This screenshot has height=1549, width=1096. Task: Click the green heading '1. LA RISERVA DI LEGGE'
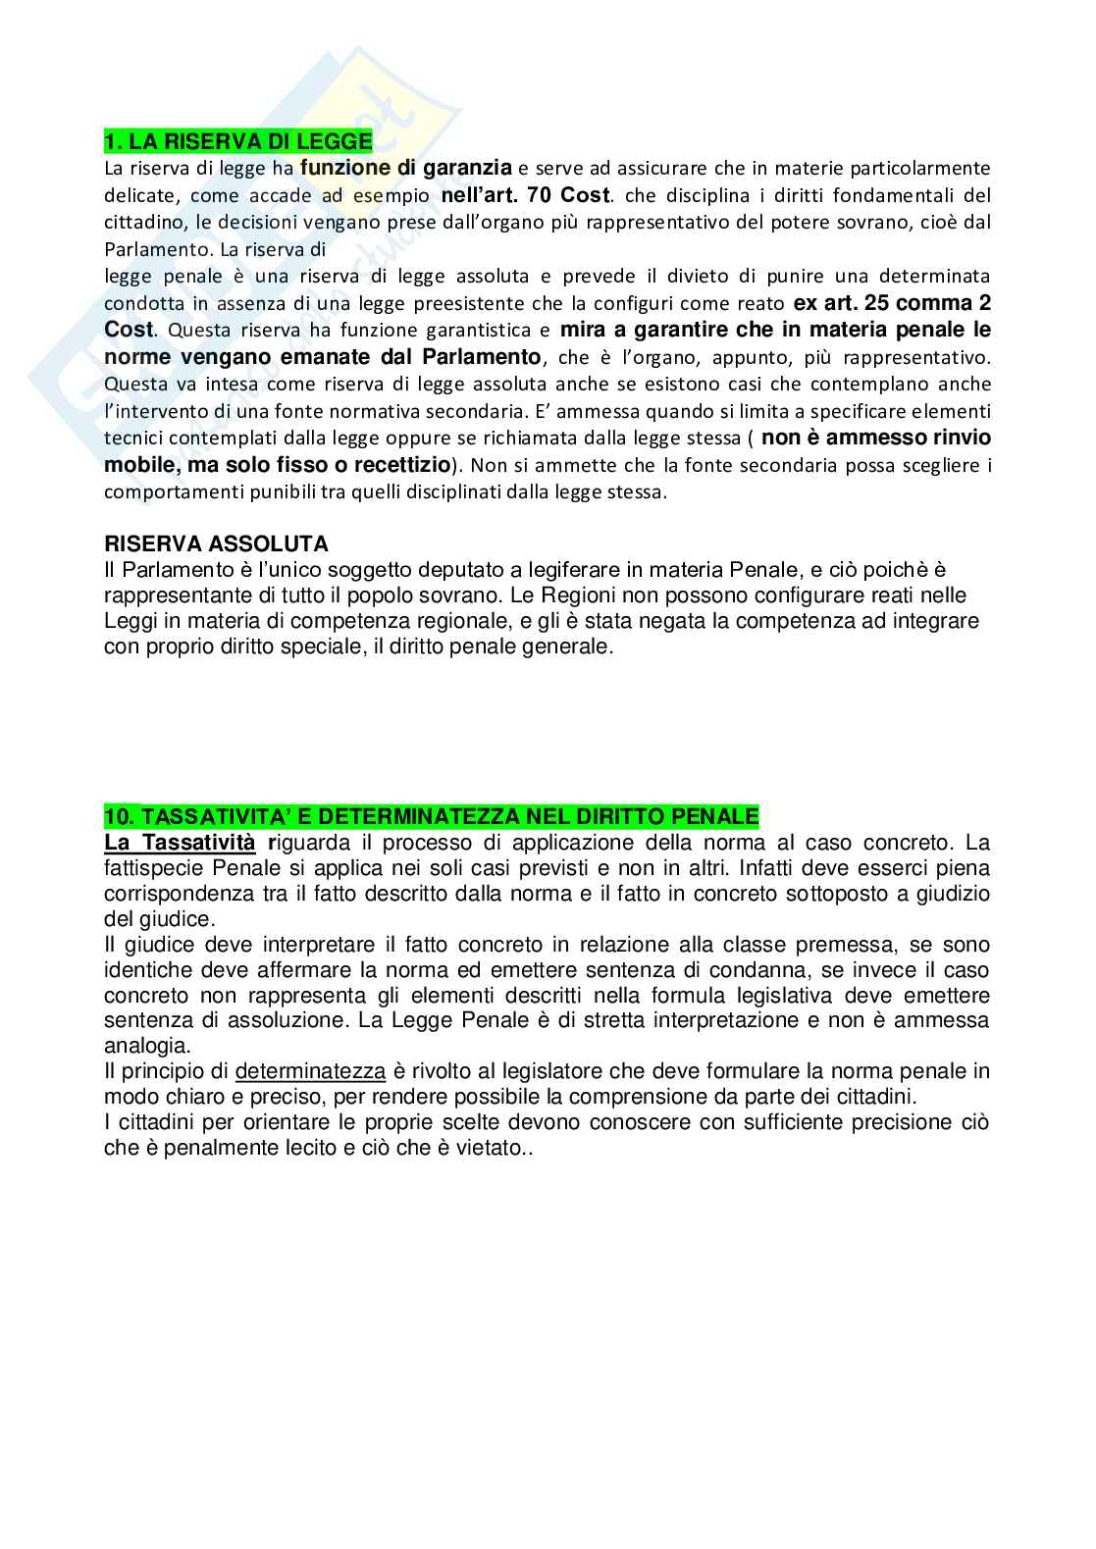click(x=238, y=142)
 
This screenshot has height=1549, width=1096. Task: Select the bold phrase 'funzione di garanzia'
click(x=405, y=168)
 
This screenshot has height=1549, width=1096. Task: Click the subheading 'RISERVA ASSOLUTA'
click(x=216, y=543)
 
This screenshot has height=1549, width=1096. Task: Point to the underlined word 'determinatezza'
click(x=311, y=1071)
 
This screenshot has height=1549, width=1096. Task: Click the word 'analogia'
click(x=147, y=1046)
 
